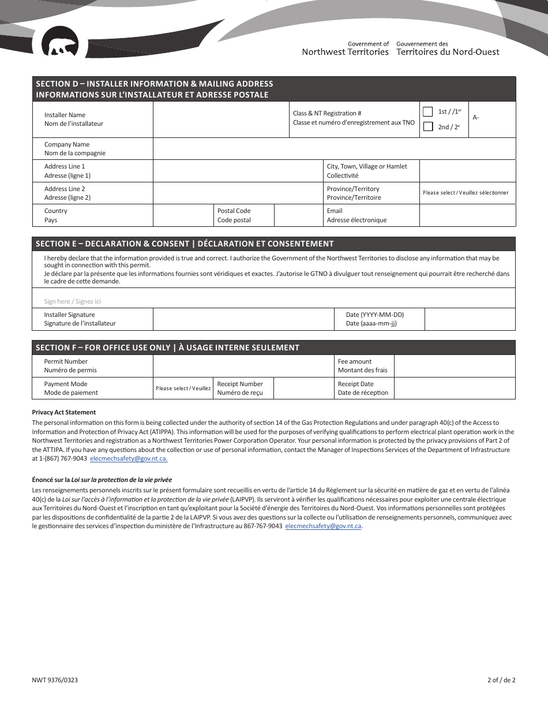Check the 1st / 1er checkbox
(x=428, y=111)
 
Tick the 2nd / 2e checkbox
(x=428, y=126)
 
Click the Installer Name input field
(x=220, y=119)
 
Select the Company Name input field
(x=334, y=149)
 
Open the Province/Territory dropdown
(x=467, y=193)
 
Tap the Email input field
(x=467, y=215)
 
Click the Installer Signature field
(x=243, y=319)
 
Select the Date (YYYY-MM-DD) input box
(x=470, y=319)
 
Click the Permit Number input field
(x=243, y=366)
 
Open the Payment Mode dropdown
(x=183, y=388)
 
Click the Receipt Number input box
(x=303, y=388)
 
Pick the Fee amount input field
(x=454, y=366)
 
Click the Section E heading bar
(x=273, y=244)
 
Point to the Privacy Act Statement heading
(x=64, y=412)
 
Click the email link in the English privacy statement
(x=129, y=459)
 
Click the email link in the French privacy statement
(x=324, y=526)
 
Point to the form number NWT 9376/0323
(x=55, y=680)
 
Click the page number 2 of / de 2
(x=501, y=680)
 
